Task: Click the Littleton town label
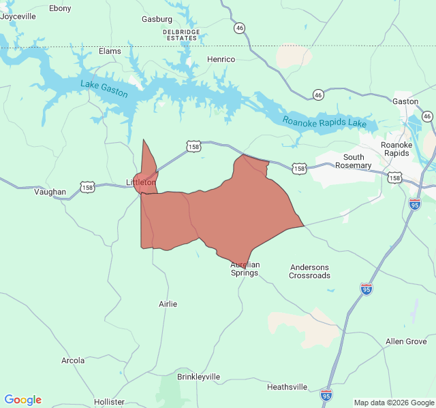point(141,182)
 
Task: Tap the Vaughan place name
point(50,192)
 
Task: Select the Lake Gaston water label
point(104,89)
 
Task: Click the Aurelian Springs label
point(245,269)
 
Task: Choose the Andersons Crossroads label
point(309,271)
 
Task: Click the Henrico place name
point(221,59)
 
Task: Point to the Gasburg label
point(157,19)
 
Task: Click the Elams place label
point(110,51)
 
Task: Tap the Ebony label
point(60,8)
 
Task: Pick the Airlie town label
point(168,304)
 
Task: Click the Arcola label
point(73,360)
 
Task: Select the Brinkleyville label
point(198,377)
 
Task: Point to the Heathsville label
point(287,387)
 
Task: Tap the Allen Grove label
point(406,341)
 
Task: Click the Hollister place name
point(109,402)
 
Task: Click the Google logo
point(22,400)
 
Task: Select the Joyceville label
point(18,16)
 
